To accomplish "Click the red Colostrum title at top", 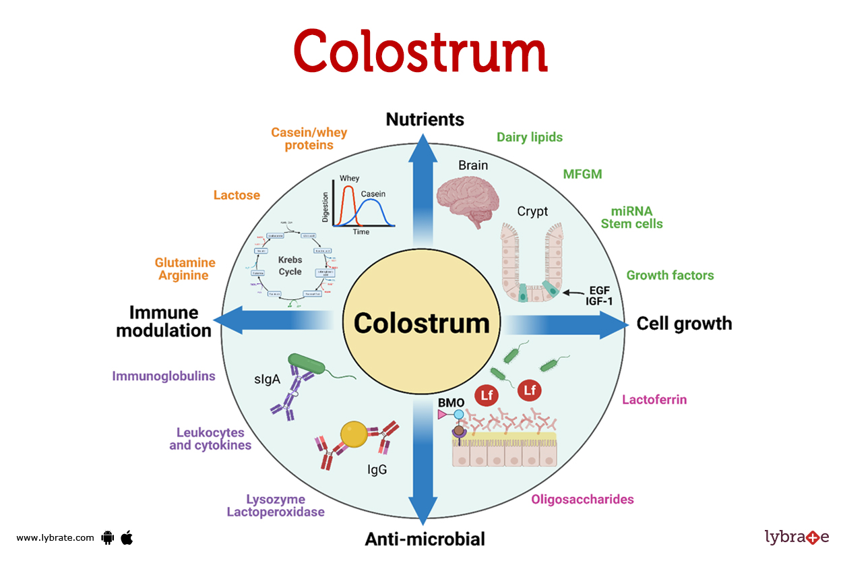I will pyautogui.click(x=421, y=53).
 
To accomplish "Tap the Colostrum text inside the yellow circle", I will pyautogui.click(x=422, y=323).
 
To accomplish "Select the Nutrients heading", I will pyautogui.click(x=425, y=120).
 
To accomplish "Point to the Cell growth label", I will pyautogui.click(x=684, y=324).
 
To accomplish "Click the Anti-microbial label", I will pyautogui.click(x=425, y=539).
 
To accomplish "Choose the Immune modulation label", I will pyautogui.click(x=164, y=322).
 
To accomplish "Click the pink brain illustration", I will pyautogui.click(x=468, y=196).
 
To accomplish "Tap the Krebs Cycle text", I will pyautogui.click(x=290, y=265).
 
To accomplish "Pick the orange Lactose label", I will pyautogui.click(x=237, y=196).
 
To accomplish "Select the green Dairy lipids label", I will pyautogui.click(x=530, y=138).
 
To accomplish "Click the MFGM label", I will pyautogui.click(x=582, y=175).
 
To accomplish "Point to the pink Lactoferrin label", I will pyautogui.click(x=654, y=400).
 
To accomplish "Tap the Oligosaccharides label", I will pyautogui.click(x=582, y=500).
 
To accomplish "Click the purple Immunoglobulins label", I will pyautogui.click(x=164, y=376).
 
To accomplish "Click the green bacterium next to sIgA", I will pyautogui.click(x=307, y=364).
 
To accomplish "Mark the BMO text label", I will pyautogui.click(x=451, y=403).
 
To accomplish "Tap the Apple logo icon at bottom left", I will pyautogui.click(x=127, y=537).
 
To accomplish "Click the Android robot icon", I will pyautogui.click(x=106, y=537).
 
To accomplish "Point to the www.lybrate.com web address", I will pyautogui.click(x=55, y=538).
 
